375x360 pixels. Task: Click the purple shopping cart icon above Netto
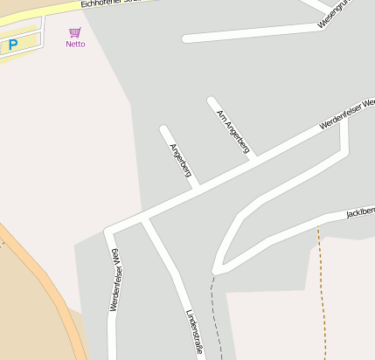point(75,32)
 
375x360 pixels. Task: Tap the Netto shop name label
point(75,44)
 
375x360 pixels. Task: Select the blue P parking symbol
point(13,44)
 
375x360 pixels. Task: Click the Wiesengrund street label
point(337,12)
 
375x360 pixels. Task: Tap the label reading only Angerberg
point(181,160)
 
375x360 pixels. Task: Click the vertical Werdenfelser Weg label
point(115,280)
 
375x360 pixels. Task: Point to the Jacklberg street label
point(360,211)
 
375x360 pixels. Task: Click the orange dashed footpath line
point(323,288)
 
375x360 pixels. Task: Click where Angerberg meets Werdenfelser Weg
point(198,186)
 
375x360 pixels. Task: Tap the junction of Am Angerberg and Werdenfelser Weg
point(253,158)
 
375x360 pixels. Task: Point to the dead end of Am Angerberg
point(212,100)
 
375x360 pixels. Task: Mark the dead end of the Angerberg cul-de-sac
point(163,129)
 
